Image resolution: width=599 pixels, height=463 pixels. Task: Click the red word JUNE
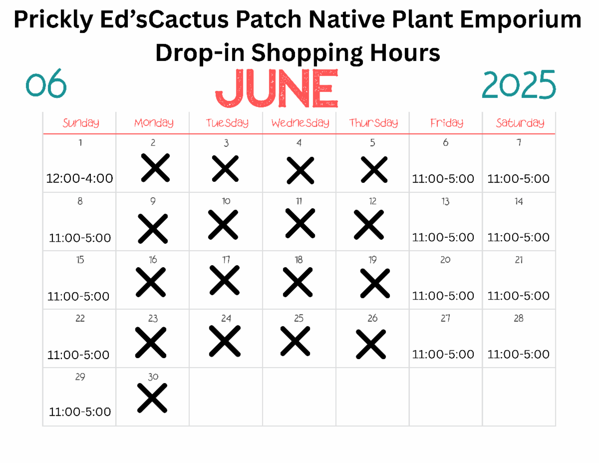pos(277,88)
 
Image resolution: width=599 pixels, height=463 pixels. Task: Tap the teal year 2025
pos(519,84)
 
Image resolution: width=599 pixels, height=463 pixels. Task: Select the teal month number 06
pos(46,83)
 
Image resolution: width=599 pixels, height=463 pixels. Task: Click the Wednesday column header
pos(300,123)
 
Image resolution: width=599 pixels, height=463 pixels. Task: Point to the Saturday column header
pos(520,123)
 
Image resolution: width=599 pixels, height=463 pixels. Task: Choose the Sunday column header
pos(81,123)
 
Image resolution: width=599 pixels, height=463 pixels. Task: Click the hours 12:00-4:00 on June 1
pos(80,178)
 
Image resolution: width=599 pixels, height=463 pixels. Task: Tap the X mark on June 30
pos(152,398)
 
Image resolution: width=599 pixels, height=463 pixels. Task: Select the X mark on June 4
pos(300,170)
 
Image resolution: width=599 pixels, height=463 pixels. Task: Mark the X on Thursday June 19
pos(375,283)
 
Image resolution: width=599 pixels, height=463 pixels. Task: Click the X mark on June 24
pos(225,341)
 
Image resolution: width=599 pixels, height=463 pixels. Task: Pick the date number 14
pos(519,201)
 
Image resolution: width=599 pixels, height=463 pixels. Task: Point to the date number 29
pos(80,377)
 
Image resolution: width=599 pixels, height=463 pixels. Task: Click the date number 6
pos(445,142)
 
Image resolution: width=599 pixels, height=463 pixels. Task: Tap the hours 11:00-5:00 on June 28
pos(518,354)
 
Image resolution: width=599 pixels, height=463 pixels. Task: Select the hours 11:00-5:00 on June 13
pos(443,237)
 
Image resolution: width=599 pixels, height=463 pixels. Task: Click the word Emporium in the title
pos(521,19)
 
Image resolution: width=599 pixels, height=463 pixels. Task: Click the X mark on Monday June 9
pos(153,229)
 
